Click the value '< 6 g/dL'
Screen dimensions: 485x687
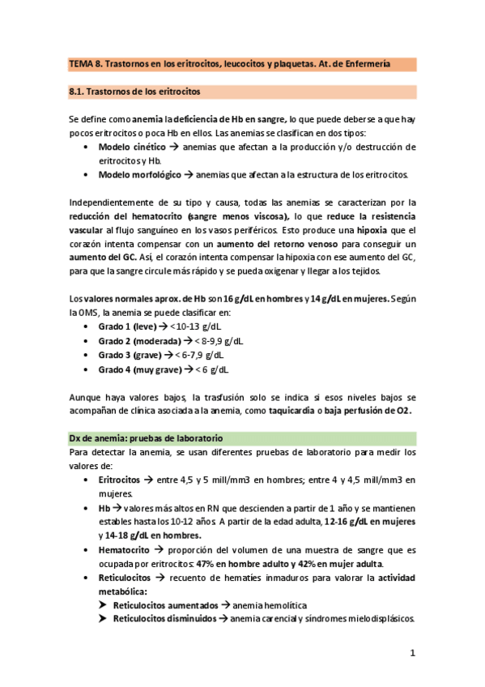212,370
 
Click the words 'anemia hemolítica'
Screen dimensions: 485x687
270,605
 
